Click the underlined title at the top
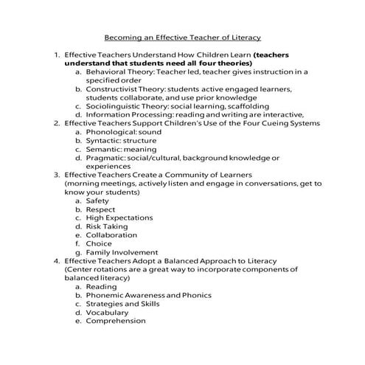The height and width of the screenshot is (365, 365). coord(182,37)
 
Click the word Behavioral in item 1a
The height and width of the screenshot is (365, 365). coord(108,73)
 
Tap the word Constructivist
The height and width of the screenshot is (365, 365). coord(115,89)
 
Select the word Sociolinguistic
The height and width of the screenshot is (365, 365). coord(116,106)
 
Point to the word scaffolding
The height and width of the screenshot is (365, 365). coord(231,106)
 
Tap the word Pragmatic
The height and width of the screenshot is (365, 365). coord(108,158)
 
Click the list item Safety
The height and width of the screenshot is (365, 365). coord(97,201)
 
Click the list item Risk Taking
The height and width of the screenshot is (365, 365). coord(107,226)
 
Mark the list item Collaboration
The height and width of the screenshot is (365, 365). coord(111,235)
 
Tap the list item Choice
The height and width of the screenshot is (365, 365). coord(99,244)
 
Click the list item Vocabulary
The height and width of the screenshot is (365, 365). coord(108,313)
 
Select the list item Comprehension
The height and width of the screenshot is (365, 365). coord(116,321)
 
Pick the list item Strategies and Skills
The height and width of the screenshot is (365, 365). coord(122,304)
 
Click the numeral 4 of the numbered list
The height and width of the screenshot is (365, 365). coord(55,261)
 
